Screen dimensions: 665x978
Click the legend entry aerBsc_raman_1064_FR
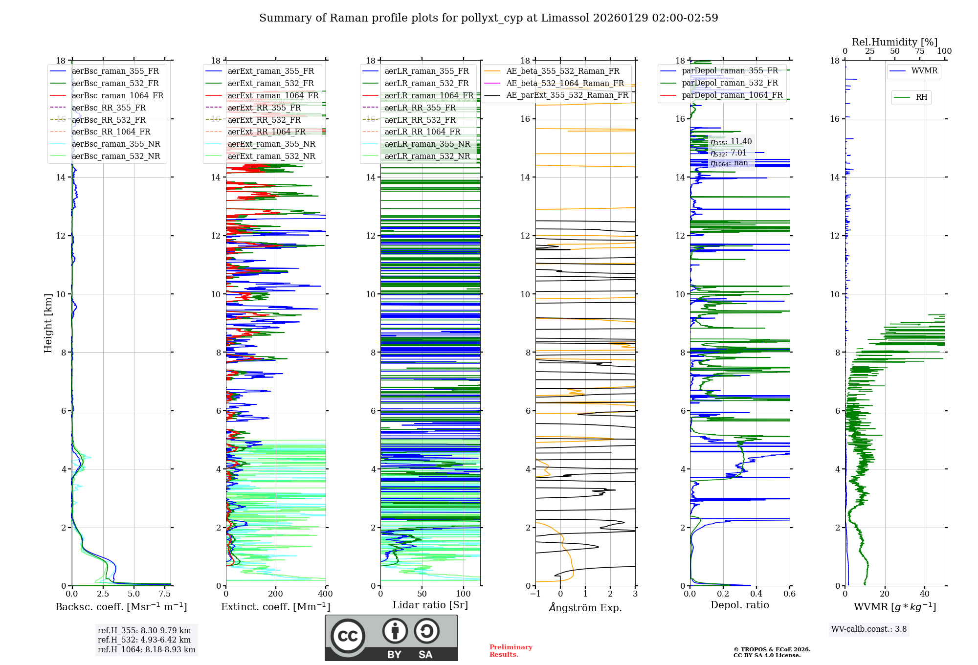coord(117,95)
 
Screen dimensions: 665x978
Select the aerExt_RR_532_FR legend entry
coord(264,120)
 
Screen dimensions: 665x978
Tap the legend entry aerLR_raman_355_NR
coord(427,144)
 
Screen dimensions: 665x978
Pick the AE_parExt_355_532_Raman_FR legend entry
coord(567,95)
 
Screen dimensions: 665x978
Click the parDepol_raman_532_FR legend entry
coord(730,83)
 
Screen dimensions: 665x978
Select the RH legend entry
coord(921,97)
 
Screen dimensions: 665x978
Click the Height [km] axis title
coord(48,323)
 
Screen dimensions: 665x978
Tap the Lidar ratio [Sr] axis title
coord(430,605)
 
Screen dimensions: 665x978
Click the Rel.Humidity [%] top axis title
coord(894,42)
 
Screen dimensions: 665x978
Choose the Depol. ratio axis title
coord(739,605)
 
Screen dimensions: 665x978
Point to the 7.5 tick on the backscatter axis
coord(165,594)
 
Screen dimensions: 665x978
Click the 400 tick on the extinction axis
coord(325,594)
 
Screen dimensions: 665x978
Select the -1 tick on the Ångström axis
coord(535,594)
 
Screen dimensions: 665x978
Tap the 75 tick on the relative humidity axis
coord(920,51)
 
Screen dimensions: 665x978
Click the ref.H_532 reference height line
coord(144,640)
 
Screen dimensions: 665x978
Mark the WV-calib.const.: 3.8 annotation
coord(869,629)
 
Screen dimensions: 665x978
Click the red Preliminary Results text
coord(511,650)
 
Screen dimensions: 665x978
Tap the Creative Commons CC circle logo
coord(348,636)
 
